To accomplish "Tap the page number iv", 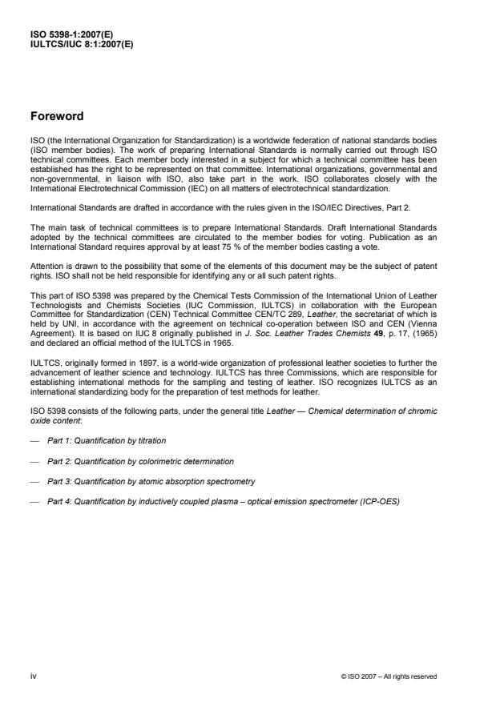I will (33, 676).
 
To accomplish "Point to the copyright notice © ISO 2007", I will (388, 676).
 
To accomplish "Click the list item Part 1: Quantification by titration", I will (107, 441).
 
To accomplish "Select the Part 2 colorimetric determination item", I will (140, 462).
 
